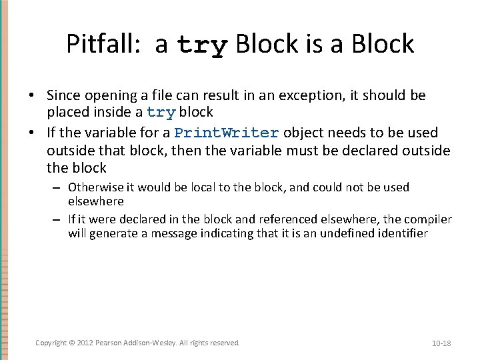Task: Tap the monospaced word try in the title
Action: pos(203,46)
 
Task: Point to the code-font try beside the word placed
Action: pos(161,112)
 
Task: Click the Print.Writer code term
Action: pos(226,132)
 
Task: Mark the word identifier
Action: pos(403,233)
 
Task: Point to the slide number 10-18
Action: pos(441,343)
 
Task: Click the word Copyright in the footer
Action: pos(51,343)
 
